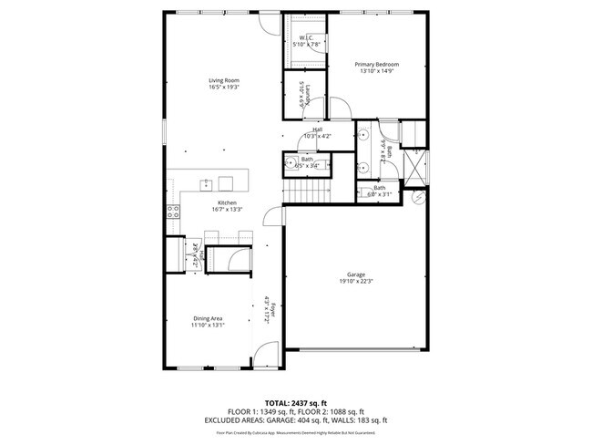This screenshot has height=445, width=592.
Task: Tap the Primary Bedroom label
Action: [x=377, y=65]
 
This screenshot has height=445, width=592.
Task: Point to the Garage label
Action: [x=355, y=274]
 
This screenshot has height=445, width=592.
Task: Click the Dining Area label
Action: [x=209, y=317]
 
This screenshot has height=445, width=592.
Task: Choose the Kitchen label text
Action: [x=227, y=202]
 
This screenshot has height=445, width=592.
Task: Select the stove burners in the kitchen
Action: [x=171, y=212]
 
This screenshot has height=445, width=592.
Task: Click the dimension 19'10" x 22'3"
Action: [x=355, y=281]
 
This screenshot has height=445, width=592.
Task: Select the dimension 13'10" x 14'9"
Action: [x=377, y=71]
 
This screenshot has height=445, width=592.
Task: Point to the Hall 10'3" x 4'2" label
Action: [x=317, y=132]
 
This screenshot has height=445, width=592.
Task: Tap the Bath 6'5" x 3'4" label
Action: [x=307, y=161]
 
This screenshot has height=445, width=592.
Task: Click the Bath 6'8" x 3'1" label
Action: [x=379, y=191]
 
